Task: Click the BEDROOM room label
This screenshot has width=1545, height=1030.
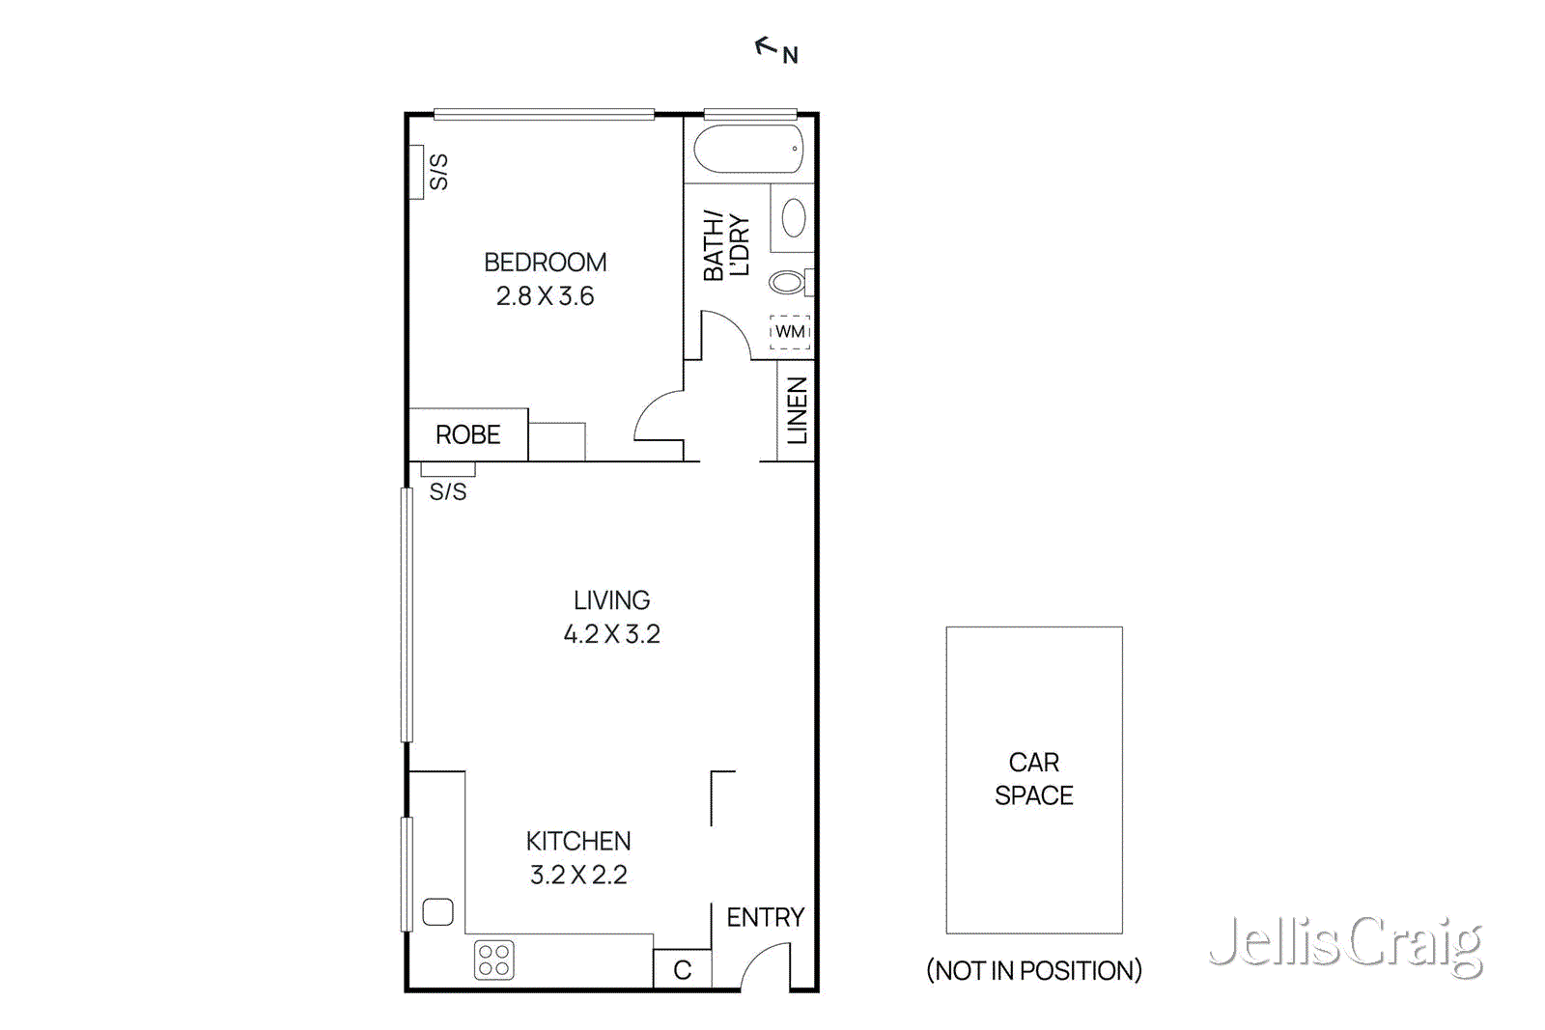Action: [x=545, y=263]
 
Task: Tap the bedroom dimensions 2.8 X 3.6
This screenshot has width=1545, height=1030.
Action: [x=545, y=296]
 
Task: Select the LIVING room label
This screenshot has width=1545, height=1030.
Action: [x=611, y=600]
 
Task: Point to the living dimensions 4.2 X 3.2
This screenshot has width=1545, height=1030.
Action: [x=611, y=634]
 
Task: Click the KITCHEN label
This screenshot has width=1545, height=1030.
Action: [x=578, y=842]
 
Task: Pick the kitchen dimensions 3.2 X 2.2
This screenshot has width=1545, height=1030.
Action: [x=578, y=876]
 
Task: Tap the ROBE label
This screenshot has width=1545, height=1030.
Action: [x=467, y=435]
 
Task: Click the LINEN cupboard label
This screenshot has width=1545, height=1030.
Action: [x=797, y=410]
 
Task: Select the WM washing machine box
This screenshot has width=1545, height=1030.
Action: [x=790, y=332]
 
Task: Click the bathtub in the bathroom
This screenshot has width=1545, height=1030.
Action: [x=748, y=150]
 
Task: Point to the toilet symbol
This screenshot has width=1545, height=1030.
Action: [x=787, y=282]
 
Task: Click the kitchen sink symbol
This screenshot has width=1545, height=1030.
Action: [x=438, y=911]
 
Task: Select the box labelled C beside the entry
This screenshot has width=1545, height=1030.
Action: [x=683, y=970]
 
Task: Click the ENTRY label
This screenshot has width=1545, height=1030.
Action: [x=765, y=917]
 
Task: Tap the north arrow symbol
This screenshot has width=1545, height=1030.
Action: [x=768, y=46]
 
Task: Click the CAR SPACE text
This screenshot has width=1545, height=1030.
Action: [x=1033, y=779]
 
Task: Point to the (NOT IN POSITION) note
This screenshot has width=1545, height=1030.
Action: [x=1033, y=970]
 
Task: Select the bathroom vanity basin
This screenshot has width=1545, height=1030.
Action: [x=794, y=218]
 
